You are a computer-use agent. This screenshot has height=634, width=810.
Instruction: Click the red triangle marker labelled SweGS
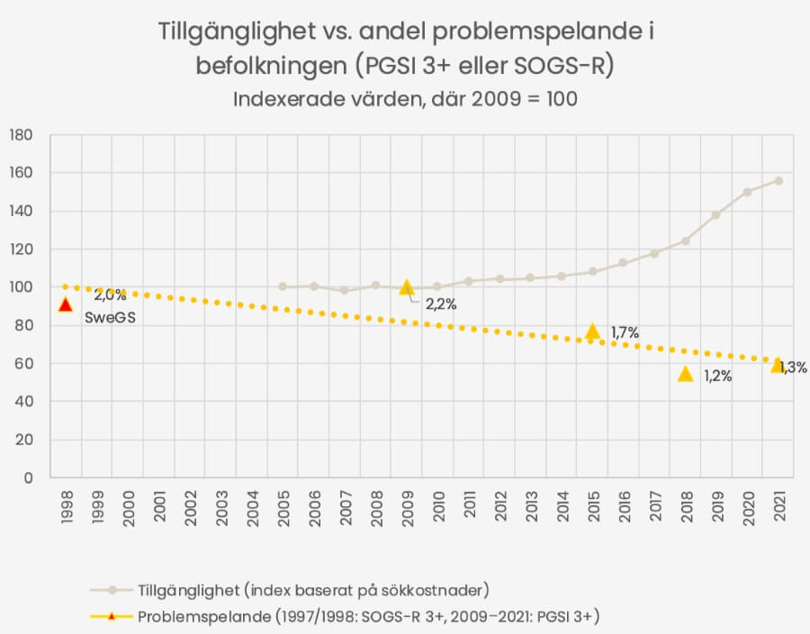pos(65,304)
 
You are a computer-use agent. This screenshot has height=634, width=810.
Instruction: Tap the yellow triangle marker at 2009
pos(406,287)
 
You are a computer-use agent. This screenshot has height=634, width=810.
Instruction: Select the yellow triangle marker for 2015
pos(592,331)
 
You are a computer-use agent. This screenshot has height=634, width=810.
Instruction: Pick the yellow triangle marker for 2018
pos(685,373)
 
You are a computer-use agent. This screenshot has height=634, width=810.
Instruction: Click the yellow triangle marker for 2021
pos(778,365)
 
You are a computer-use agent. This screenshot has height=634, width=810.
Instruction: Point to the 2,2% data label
pos(441,304)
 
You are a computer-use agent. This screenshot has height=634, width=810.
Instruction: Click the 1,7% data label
pos(625,333)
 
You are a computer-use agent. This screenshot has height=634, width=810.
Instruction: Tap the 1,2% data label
pos(717,376)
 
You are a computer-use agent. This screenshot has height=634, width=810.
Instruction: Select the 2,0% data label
pos(110,294)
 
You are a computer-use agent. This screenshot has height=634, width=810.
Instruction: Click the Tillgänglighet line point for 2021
pos(778,181)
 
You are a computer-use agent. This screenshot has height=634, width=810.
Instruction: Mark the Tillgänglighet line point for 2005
pos(283,286)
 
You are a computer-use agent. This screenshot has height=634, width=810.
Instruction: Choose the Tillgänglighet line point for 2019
pos(716,214)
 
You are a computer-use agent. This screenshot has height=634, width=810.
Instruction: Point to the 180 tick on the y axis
pos(21,135)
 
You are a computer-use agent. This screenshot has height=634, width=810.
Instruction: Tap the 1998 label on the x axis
pos(67,507)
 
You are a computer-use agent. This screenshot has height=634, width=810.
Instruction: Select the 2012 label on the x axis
pos(499,507)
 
